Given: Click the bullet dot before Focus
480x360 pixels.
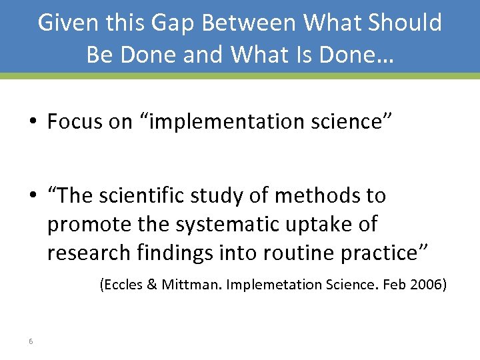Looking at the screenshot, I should click(33, 123).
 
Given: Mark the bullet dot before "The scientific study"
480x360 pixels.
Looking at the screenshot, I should click(33, 197).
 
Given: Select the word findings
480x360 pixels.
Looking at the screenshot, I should click(176, 253).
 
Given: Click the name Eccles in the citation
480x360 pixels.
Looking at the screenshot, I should click(121, 285).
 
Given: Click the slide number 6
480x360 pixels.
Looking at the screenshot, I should click(31, 342).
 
